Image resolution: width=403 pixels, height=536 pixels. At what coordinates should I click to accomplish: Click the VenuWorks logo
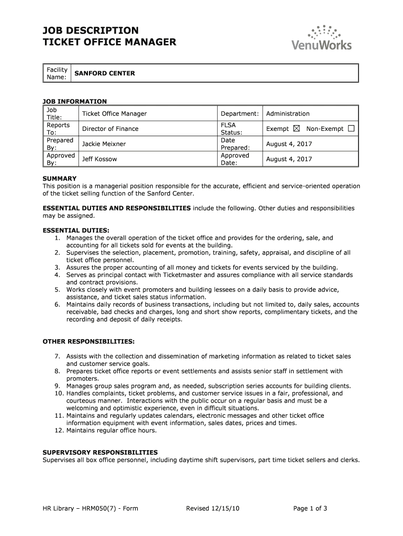tap(321, 38)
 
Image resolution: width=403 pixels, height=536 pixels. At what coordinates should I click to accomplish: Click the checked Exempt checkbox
tap(297, 129)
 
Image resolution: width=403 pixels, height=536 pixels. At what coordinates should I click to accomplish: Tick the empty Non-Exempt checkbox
tap(351, 129)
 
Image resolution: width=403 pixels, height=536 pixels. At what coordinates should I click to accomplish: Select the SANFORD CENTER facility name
tap(104, 73)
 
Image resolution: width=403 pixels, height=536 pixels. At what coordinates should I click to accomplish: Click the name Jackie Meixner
tap(104, 144)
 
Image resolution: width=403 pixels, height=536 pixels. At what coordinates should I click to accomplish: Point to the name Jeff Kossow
tap(99, 159)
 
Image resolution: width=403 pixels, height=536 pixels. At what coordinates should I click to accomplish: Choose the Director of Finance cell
tap(110, 129)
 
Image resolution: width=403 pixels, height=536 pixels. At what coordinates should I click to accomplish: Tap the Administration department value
tap(287, 114)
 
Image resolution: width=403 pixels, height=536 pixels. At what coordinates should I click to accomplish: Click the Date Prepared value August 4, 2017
tap(289, 144)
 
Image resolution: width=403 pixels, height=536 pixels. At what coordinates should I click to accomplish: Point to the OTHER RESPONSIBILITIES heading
tap(88, 341)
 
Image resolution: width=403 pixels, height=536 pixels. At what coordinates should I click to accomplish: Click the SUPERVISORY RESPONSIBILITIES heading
tap(100, 452)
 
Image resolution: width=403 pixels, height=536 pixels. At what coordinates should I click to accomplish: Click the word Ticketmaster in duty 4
tap(183, 275)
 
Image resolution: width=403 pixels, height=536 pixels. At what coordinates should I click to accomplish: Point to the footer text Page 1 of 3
tap(310, 508)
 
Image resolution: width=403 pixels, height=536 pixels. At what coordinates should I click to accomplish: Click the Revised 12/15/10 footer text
tap(212, 508)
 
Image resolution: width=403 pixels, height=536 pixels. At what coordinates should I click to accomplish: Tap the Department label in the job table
tap(240, 114)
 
